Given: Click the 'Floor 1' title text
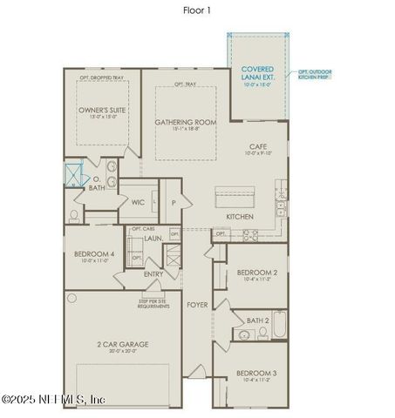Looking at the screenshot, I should [196, 10].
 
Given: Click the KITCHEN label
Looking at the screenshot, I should [240, 216].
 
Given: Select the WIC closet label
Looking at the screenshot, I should [138, 202].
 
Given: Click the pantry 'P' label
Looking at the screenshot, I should [174, 202].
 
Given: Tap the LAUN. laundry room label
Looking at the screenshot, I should [154, 237].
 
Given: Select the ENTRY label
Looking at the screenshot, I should [153, 274].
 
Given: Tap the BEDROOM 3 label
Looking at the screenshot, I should [257, 375].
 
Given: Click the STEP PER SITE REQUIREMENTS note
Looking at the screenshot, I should [153, 303].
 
